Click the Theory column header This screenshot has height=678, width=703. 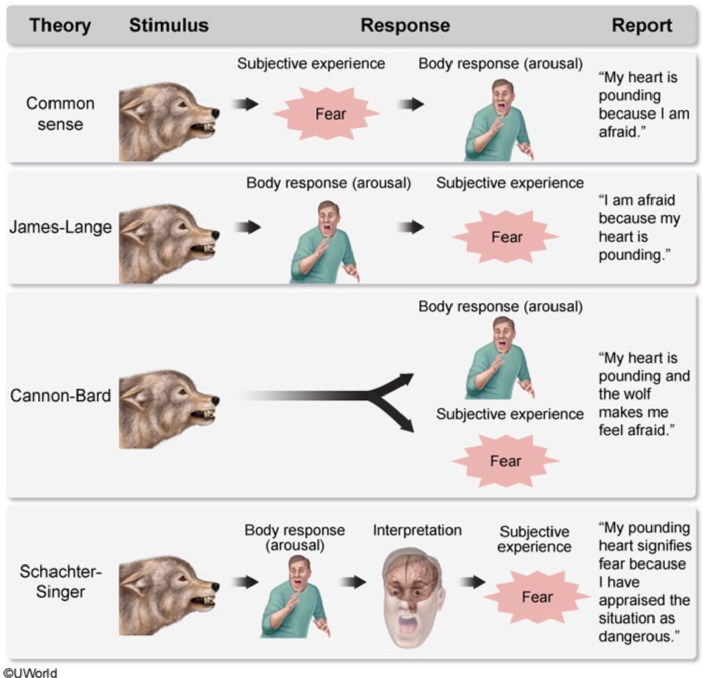60,25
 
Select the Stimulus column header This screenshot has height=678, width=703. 169,25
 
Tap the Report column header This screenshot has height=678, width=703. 641,25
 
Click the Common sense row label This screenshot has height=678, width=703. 60,114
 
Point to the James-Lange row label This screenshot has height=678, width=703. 60,227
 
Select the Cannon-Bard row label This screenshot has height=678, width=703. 60,395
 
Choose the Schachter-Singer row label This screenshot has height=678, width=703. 60,581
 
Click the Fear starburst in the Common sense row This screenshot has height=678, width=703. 329,114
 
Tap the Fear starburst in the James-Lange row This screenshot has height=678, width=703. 506,237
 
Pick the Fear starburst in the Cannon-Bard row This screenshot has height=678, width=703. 505,461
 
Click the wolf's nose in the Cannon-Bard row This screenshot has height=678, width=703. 216,400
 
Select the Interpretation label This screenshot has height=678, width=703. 417,530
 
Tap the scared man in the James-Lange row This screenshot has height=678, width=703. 324,242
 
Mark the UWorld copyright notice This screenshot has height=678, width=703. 30,672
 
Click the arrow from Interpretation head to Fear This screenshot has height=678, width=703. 472,582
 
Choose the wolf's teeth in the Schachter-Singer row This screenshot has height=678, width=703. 206,600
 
